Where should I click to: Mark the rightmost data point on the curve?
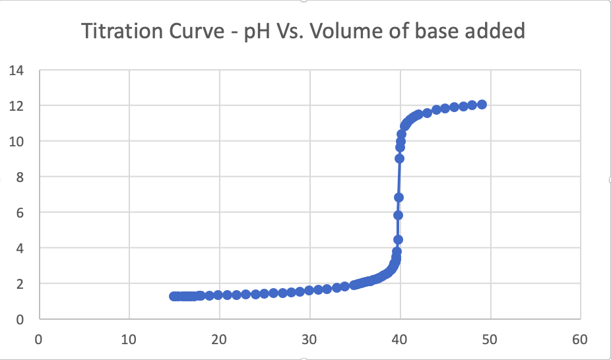[482, 104]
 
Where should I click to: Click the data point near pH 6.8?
[399, 197]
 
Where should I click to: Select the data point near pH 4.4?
[398, 239]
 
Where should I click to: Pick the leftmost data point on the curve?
[174, 296]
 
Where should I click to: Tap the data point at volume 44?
[436, 109]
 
